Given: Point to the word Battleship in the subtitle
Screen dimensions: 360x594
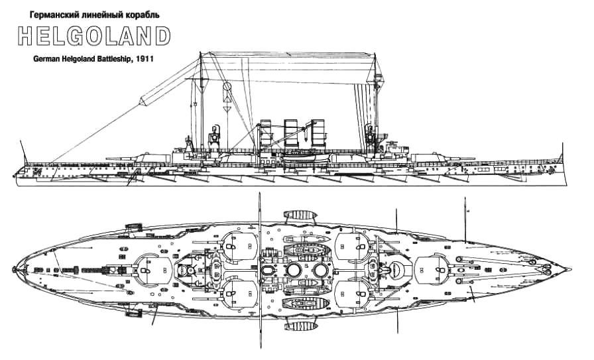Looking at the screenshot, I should (107, 59).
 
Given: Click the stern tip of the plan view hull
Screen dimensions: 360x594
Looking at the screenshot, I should (13, 269).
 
